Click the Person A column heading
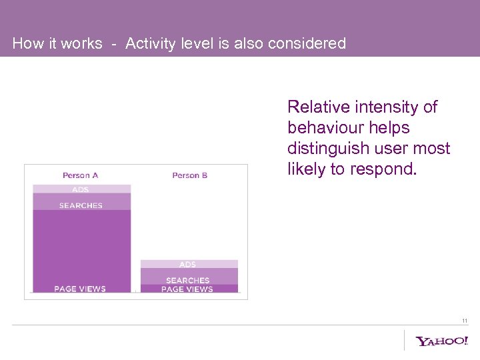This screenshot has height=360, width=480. (x=81, y=175)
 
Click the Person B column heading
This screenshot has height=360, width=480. (x=189, y=175)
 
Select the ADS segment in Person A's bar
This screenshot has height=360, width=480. (x=81, y=190)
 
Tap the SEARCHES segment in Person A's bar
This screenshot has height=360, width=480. (x=81, y=205)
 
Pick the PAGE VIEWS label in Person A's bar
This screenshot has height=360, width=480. (x=80, y=289)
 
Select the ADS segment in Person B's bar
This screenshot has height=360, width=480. (x=188, y=265)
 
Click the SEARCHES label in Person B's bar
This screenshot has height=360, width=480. (x=188, y=281)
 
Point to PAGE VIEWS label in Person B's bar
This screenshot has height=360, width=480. (x=188, y=289)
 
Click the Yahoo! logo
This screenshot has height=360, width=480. (x=442, y=341)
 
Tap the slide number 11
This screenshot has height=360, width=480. (x=465, y=321)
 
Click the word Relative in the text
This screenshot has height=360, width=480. (x=315, y=107)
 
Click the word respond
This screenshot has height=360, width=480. (x=388, y=169)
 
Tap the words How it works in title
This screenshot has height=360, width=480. (x=57, y=44)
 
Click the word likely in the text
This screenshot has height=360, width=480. (x=307, y=169)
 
